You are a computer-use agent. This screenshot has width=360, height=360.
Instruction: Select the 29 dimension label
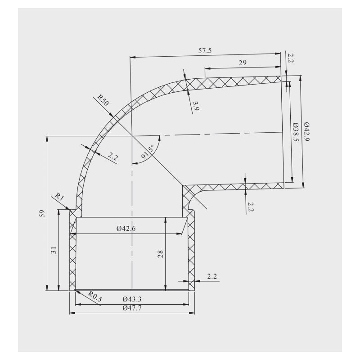point(242,63)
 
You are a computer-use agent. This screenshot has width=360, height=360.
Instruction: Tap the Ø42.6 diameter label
point(126,229)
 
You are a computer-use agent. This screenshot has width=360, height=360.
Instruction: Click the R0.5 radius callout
point(95,297)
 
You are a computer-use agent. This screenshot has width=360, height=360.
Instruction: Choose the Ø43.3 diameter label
point(132,298)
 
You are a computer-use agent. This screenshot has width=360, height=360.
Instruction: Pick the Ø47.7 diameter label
point(132,308)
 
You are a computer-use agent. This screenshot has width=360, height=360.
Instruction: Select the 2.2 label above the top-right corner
point(291,58)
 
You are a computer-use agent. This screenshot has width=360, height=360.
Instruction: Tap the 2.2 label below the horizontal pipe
point(251,207)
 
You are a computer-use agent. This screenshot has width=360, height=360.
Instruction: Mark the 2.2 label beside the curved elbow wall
point(112,157)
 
